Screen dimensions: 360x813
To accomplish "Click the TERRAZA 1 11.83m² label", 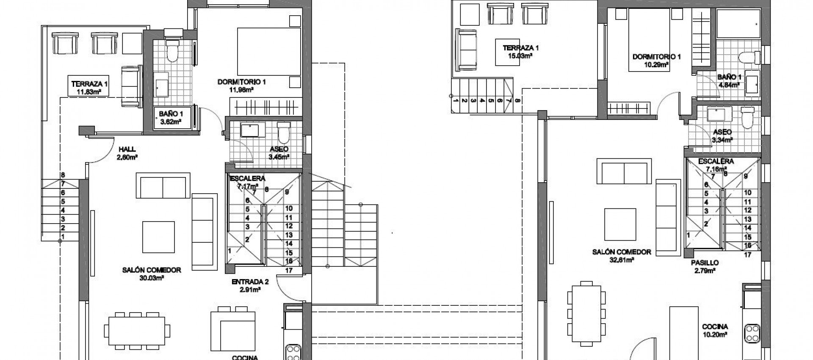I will coord(87,87).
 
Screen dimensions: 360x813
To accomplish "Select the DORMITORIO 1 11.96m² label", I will coord(241,86).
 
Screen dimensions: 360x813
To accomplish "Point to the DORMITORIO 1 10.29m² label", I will coord(656,61).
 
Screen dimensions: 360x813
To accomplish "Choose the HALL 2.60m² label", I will coord(127,152).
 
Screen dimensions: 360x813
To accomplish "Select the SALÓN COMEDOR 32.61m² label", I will coord(621,255).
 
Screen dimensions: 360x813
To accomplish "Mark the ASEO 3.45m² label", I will coord(279,153).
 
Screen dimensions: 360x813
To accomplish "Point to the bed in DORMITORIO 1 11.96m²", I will coord(268,51).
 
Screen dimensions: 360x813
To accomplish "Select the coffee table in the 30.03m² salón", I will coord(158,237).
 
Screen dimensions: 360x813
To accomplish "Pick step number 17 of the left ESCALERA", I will coord(289,270).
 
